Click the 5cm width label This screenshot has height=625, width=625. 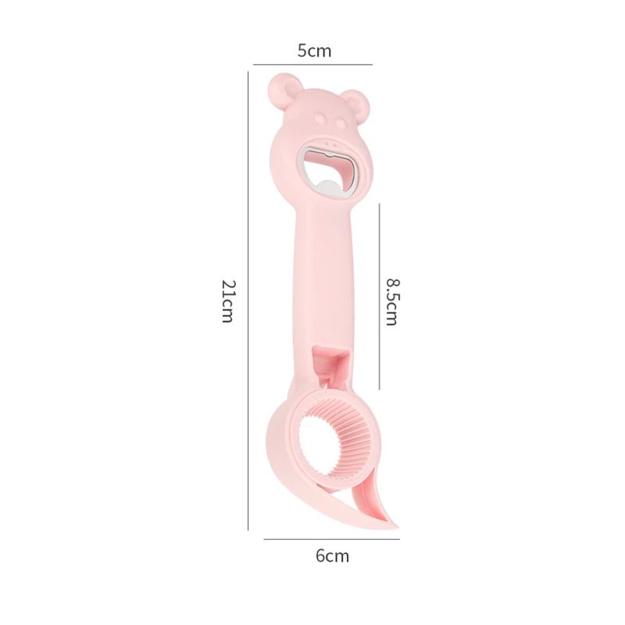click(314, 51)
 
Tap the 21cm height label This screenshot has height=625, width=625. click(227, 301)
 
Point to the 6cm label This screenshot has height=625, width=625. click(332, 556)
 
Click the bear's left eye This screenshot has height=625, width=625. click(320, 118)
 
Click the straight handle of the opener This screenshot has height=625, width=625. click(327, 281)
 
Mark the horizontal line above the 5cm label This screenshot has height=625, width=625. click(312, 64)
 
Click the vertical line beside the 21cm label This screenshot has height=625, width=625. click(248, 301)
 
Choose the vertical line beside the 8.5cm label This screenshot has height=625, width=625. click(380, 297)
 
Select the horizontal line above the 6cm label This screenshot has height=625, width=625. click(331, 539)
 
